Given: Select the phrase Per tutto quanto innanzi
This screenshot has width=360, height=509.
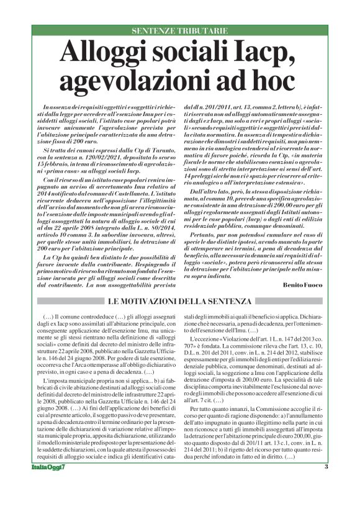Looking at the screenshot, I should pos(225,444).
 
